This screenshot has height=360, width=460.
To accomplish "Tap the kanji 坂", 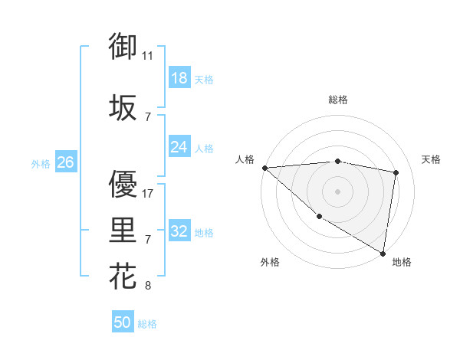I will point(123,107).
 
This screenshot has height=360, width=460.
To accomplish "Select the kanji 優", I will point(123,184).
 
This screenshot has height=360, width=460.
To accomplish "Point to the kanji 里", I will point(123,230).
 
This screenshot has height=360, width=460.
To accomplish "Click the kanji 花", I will point(123,276).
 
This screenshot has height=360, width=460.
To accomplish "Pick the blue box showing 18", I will point(179,78).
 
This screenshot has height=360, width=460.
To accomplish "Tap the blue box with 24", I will point(179,147).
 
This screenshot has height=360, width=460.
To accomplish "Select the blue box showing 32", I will point(179,231).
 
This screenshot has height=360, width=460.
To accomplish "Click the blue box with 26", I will point(65,162).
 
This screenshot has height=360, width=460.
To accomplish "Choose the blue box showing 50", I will point(123,322).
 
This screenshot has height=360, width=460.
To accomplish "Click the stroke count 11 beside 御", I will point(148,56).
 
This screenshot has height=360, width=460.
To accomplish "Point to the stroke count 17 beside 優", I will point(148,194).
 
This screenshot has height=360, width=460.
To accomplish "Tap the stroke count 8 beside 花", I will point(148,286).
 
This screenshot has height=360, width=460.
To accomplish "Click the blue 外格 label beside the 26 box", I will point(41,163).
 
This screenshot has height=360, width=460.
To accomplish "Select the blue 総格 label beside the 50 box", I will point(147,323).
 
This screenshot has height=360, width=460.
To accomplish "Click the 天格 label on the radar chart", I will point(431,159).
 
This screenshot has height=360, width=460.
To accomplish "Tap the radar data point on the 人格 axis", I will point(264,168).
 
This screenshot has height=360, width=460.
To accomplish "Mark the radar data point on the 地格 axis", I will point(383,253).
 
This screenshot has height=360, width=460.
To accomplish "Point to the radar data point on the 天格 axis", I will point(396,172).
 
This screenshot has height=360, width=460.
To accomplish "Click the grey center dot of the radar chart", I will point(337,191).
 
